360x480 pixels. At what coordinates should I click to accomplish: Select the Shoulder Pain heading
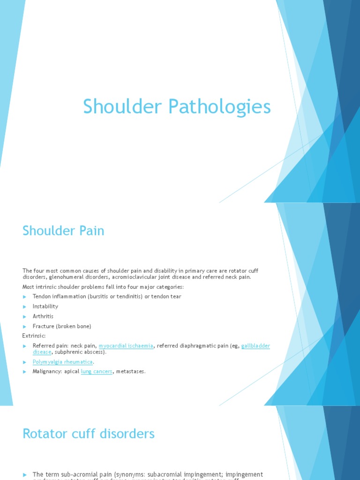[63, 231]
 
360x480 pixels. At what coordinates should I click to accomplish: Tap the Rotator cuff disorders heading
[89, 434]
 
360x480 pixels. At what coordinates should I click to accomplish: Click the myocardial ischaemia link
[126, 346]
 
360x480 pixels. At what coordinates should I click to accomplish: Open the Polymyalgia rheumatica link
[63, 361]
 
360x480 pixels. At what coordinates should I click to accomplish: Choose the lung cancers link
[97, 371]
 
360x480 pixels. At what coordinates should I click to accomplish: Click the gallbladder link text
[256, 346]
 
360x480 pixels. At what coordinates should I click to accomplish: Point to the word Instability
[45, 306]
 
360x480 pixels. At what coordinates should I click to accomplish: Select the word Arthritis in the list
[43, 316]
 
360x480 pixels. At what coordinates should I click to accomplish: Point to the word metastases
[130, 371]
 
